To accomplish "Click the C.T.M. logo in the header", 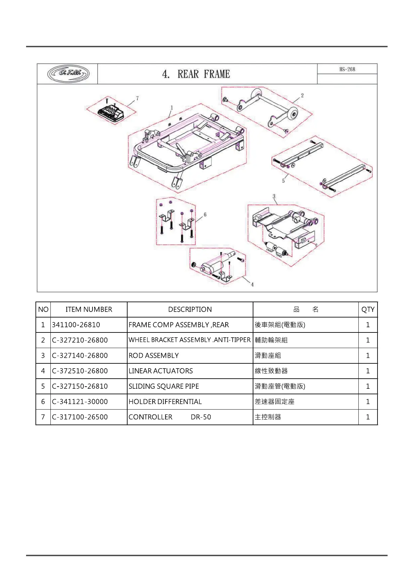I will coord(68,74).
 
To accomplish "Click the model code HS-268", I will coord(347,69).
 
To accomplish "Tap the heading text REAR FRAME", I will coord(203,74).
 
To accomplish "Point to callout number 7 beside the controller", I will coord(137,98).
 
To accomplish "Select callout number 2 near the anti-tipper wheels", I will coord(302,95).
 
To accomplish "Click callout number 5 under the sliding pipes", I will coord(283,181).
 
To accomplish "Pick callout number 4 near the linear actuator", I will coord(252,284).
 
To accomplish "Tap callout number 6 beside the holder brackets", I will coord(205,214).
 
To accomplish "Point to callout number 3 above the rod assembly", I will coord(274,196).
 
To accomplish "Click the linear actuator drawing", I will coord(217,266).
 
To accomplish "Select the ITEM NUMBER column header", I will coord(89,310).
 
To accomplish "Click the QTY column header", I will coord(368,310).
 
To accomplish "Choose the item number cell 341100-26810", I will coord(76,325).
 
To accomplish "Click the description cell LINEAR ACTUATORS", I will coord(161,371).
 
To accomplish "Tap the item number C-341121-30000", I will coord(80,402).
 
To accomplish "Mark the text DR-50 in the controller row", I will coord(201,417).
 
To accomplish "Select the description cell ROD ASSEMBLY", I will coord(154,356).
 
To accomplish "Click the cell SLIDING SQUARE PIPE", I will coord(164,386).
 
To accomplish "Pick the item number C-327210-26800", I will coord(80,340).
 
